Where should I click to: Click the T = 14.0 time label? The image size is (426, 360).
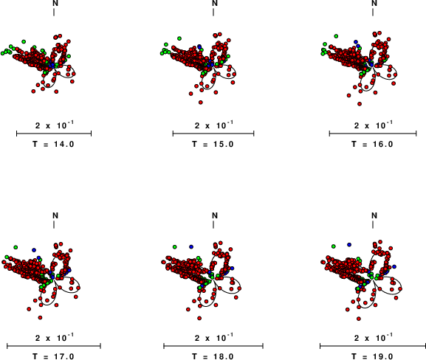(x=53, y=144)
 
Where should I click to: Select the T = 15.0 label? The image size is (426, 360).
(x=213, y=144)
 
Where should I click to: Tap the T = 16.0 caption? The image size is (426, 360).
(x=372, y=144)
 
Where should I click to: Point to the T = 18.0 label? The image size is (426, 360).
(x=213, y=356)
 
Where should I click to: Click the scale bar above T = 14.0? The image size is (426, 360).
(x=54, y=134)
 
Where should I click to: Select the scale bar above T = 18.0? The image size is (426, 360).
(x=213, y=346)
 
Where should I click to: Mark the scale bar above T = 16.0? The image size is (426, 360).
(x=373, y=134)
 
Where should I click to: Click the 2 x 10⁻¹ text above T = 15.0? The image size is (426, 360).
(x=214, y=125)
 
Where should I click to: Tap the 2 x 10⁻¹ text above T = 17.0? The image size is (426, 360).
(x=55, y=337)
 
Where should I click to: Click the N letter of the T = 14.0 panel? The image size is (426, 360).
(x=55, y=3)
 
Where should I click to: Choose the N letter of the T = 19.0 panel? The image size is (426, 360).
(x=374, y=215)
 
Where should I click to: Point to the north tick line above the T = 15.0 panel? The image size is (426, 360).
(x=213, y=13)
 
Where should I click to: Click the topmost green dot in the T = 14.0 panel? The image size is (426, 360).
(x=24, y=41)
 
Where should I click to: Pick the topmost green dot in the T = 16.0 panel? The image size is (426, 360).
(x=336, y=36)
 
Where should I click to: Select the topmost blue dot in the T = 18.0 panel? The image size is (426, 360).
(x=191, y=247)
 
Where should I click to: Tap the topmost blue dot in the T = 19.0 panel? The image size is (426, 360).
(x=349, y=245)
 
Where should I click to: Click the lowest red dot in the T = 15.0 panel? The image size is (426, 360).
(x=201, y=103)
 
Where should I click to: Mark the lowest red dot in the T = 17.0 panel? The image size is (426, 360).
(x=40, y=317)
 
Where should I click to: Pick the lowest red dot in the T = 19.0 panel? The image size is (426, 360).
(x=359, y=319)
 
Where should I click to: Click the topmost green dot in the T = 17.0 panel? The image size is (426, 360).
(x=16, y=247)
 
